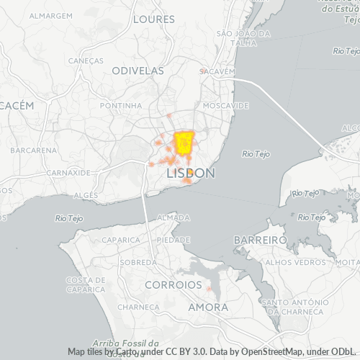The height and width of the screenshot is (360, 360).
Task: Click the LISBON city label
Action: point(190,174)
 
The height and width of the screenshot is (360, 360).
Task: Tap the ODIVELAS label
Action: point(138,71)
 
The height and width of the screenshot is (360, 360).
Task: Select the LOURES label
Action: point(154,18)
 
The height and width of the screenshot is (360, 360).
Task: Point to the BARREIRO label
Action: point(261,239)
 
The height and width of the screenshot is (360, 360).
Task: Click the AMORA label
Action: point(208,307)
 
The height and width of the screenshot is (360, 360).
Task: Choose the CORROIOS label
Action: point(174,285)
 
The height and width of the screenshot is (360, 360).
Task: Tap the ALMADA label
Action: point(174,217)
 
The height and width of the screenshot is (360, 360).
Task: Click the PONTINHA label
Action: point(121,105)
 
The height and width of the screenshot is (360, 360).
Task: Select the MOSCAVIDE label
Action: point(226,105)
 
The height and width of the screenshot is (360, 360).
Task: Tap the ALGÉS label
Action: point(86,195)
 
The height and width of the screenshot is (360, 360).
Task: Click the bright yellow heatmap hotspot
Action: point(184,141)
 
